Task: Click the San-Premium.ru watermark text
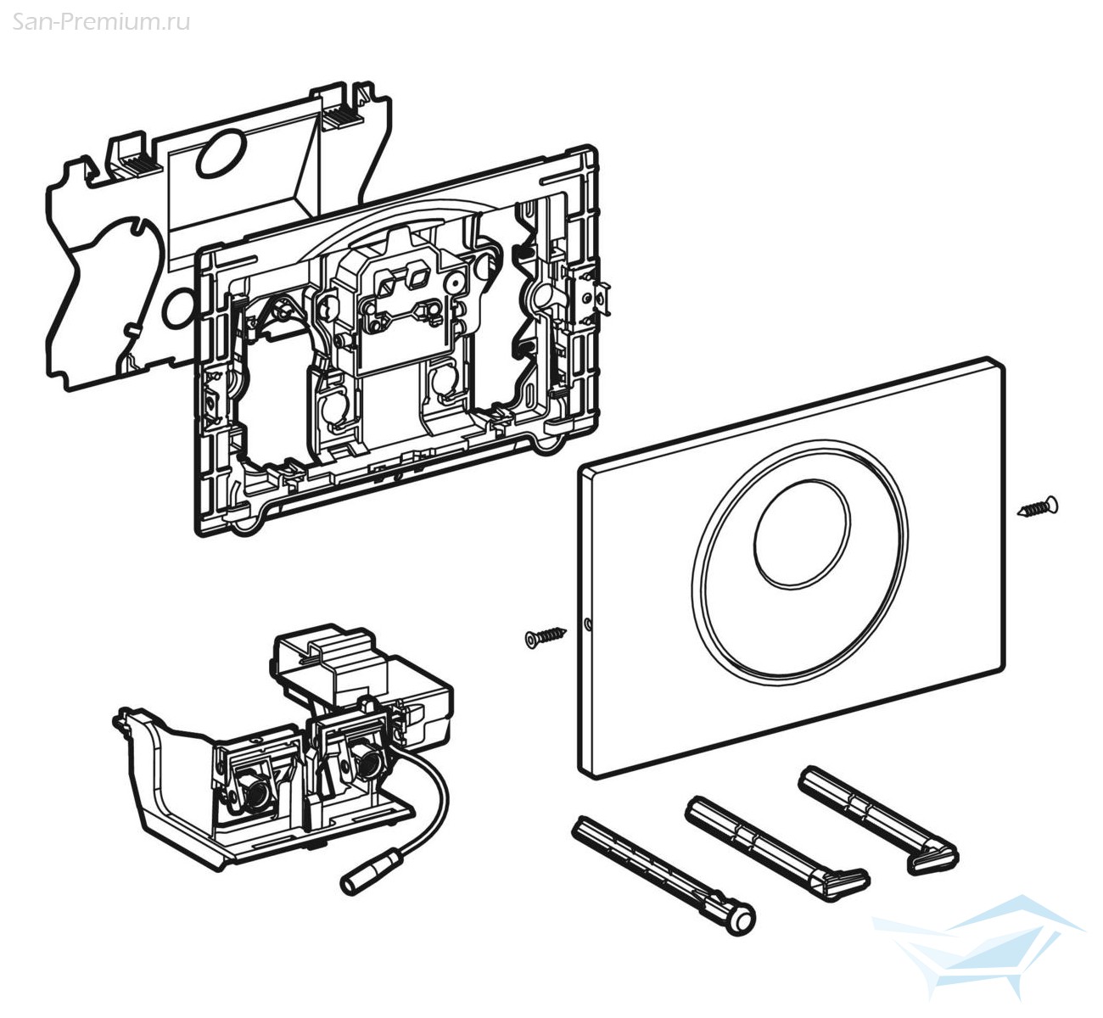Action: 101,21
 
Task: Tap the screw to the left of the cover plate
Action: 545,635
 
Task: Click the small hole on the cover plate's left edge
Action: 588,628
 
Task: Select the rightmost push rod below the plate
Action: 878,819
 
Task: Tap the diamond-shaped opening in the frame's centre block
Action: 417,275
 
